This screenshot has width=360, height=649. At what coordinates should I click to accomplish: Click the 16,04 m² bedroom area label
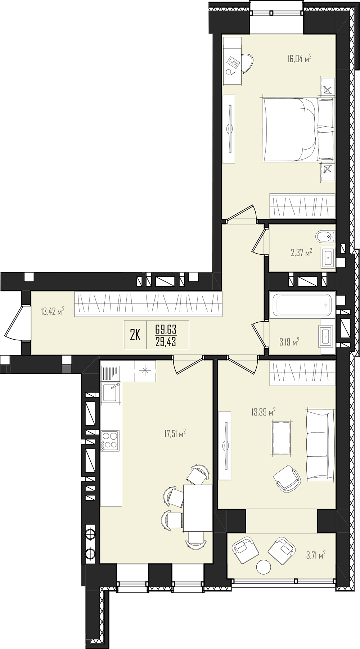click(299, 58)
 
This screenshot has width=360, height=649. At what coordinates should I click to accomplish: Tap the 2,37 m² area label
click(301, 253)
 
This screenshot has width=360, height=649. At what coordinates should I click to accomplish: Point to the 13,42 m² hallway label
click(53, 310)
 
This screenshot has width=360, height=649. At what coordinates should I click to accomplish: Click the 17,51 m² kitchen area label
click(175, 434)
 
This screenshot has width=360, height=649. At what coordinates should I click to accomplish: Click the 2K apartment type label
click(135, 335)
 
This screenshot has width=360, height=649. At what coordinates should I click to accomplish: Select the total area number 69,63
click(166, 329)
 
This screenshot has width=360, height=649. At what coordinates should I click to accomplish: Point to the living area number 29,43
click(166, 341)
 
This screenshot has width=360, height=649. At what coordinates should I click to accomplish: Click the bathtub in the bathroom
click(302, 305)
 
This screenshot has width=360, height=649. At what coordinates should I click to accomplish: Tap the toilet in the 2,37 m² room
click(325, 237)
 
